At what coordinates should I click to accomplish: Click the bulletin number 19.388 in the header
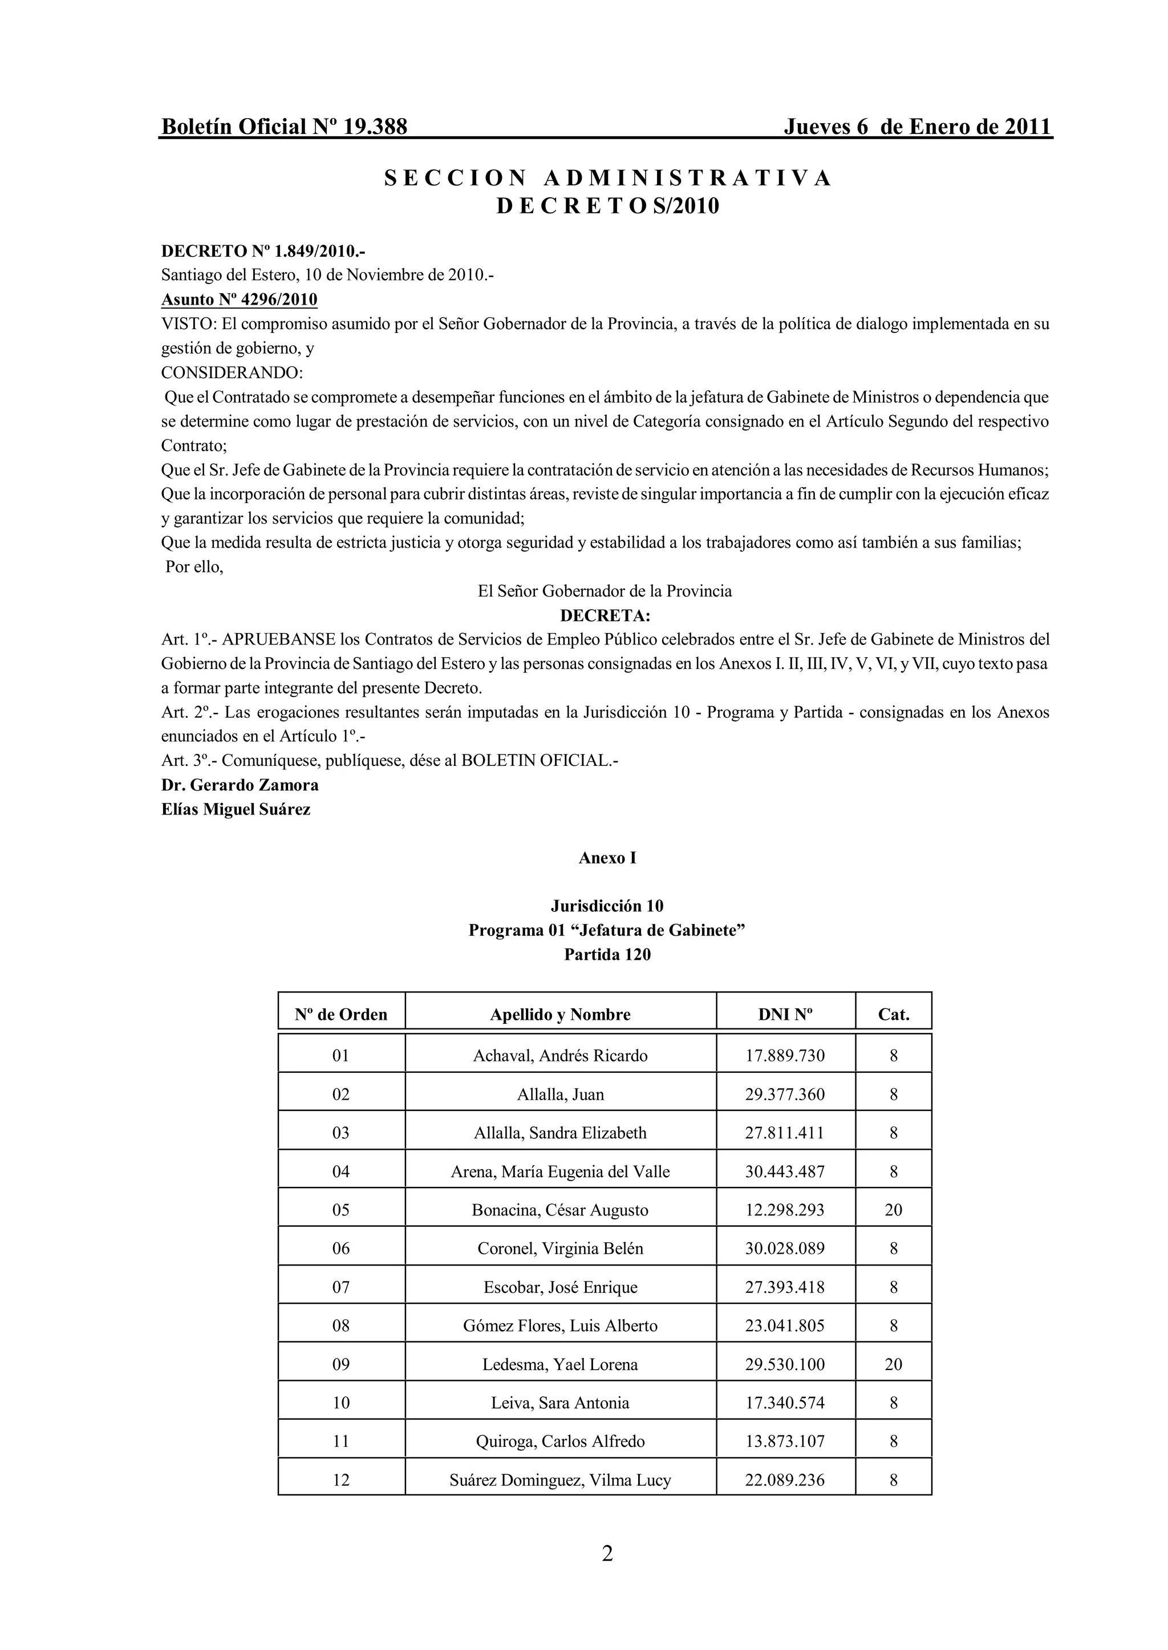[x=375, y=127]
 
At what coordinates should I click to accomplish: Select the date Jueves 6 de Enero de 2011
[x=917, y=127]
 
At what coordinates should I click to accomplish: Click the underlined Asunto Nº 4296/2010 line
[x=239, y=299]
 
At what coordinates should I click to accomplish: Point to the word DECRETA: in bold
[x=605, y=616]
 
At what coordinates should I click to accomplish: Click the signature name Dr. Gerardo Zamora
[x=240, y=785]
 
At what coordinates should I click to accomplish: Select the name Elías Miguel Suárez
[x=236, y=809]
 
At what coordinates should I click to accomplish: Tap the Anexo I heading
[x=607, y=858]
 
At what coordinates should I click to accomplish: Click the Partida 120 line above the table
[x=607, y=955]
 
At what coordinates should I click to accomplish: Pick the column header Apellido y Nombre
[x=559, y=1014]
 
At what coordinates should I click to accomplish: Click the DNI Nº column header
[x=785, y=1014]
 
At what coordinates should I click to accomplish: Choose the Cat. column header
[x=893, y=1014]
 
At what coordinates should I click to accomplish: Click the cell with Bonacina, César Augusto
[x=559, y=1210]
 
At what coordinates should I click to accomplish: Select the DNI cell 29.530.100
[x=785, y=1364]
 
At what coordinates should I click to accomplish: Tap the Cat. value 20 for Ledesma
[x=893, y=1364]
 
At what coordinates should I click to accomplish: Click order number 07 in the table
[x=341, y=1287]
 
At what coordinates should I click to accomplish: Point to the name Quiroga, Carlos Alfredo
[x=559, y=1441]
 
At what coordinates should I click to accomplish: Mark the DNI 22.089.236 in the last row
[x=785, y=1480]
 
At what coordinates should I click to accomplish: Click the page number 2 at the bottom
[x=607, y=1554]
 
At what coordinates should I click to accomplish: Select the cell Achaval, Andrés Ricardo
[x=559, y=1056]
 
